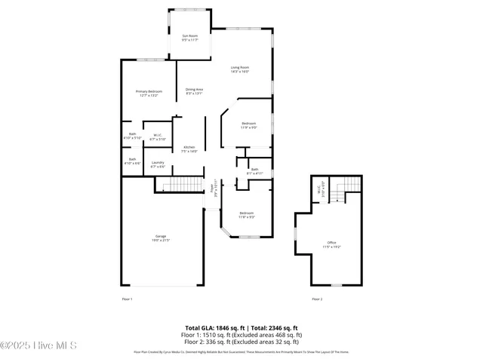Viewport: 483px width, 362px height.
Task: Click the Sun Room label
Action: (x=189, y=38)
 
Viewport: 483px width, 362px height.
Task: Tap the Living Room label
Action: (x=240, y=69)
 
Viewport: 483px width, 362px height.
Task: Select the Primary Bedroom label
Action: (x=149, y=94)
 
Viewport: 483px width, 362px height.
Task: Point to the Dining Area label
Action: (x=194, y=91)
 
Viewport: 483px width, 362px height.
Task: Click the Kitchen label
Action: (x=189, y=149)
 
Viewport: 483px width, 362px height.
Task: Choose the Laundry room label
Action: (x=158, y=164)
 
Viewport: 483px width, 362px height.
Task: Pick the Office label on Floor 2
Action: (x=332, y=244)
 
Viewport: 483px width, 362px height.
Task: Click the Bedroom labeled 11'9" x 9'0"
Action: (x=249, y=125)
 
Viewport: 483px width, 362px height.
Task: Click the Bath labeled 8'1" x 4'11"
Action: (x=254, y=171)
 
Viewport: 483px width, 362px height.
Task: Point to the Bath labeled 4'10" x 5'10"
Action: (x=133, y=136)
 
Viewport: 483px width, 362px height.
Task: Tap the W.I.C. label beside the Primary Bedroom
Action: (x=158, y=137)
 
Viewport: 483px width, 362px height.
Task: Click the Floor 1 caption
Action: (x=127, y=299)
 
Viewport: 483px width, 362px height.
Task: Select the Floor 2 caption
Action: (x=317, y=299)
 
